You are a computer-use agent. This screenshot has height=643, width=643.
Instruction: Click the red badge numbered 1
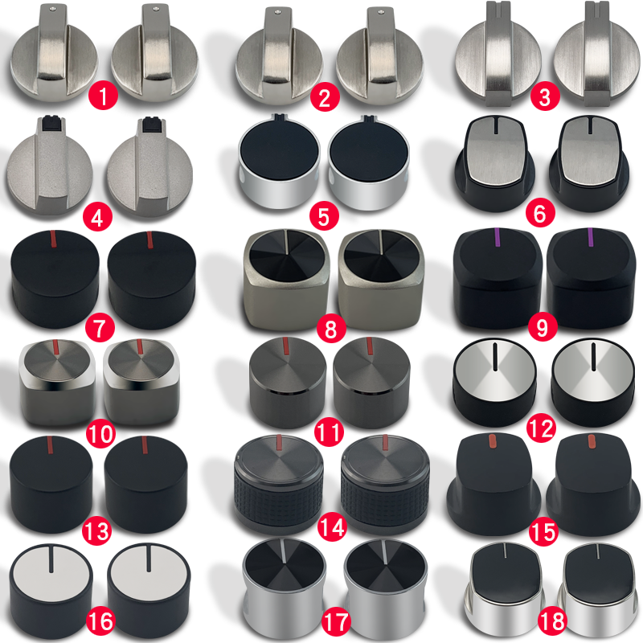(103, 96)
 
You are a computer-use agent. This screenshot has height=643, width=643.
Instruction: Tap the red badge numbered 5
(324, 216)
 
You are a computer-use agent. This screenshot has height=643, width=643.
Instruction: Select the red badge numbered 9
(542, 327)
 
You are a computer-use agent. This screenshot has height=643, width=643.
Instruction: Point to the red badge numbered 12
(541, 429)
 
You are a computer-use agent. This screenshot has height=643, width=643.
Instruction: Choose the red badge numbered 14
(332, 527)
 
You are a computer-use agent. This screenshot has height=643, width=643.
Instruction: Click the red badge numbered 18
(552, 620)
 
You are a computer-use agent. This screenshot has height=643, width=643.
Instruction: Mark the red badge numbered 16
(100, 620)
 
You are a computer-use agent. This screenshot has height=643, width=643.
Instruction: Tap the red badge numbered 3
(545, 96)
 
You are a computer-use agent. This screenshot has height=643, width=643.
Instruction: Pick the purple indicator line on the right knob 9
(591, 237)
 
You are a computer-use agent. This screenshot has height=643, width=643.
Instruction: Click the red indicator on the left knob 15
(493, 440)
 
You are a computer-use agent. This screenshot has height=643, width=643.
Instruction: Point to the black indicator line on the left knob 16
(51, 559)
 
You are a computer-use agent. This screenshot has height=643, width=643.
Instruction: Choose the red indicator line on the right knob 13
(145, 445)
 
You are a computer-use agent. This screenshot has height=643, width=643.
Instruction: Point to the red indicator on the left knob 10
(57, 347)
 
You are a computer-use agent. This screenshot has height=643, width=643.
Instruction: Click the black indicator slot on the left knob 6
(496, 126)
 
